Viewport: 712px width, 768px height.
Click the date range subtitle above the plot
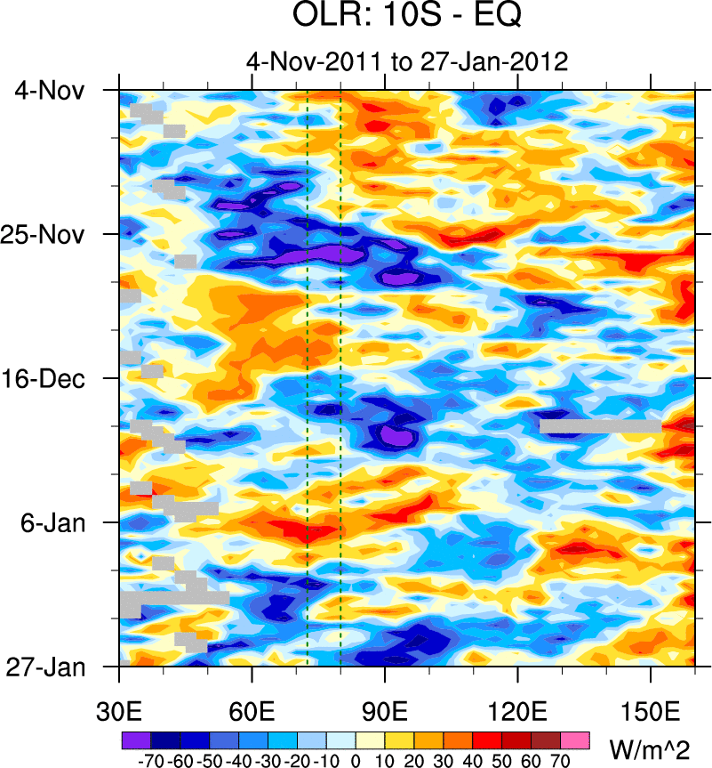click(406, 62)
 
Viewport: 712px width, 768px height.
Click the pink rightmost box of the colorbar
click(575, 739)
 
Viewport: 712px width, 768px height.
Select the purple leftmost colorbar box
click(135, 739)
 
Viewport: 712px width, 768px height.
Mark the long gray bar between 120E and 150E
click(600, 425)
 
